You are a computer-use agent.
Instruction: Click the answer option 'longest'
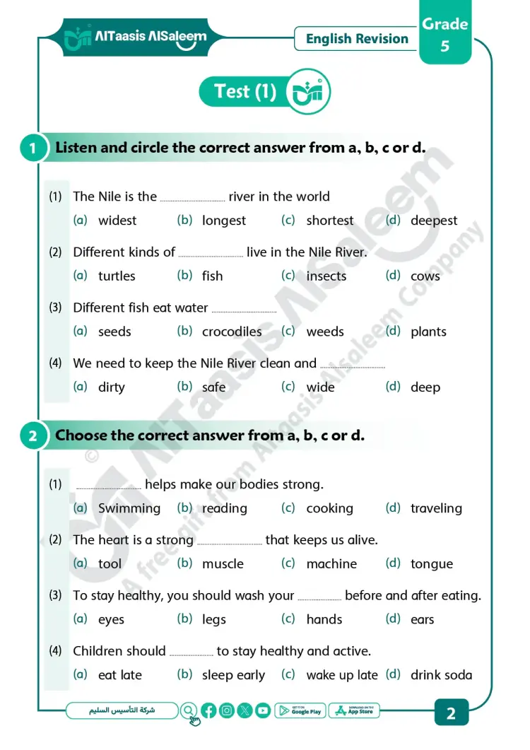click(x=224, y=221)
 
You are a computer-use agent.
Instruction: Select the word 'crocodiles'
click(x=232, y=332)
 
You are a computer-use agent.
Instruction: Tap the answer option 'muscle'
click(x=223, y=564)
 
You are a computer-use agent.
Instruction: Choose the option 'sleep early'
click(x=233, y=675)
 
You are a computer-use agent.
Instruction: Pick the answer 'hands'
click(x=324, y=619)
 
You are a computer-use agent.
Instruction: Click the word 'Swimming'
click(x=129, y=508)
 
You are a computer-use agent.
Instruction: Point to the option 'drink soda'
click(x=441, y=675)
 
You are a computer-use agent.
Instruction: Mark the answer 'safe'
click(x=214, y=387)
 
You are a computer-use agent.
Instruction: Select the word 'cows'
click(x=425, y=276)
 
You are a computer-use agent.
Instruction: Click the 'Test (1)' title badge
click(x=245, y=92)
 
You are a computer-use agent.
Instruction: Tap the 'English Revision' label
click(x=357, y=39)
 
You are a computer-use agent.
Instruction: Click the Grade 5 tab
click(x=445, y=35)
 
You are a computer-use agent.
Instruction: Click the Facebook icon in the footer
click(x=208, y=711)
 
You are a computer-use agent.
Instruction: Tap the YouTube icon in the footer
click(x=263, y=711)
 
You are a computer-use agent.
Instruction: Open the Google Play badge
click(x=300, y=711)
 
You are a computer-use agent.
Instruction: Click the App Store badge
click(x=354, y=711)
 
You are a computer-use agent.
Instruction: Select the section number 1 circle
click(x=33, y=148)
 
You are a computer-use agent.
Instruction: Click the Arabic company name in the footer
click(x=122, y=710)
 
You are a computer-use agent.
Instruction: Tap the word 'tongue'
click(x=432, y=564)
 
